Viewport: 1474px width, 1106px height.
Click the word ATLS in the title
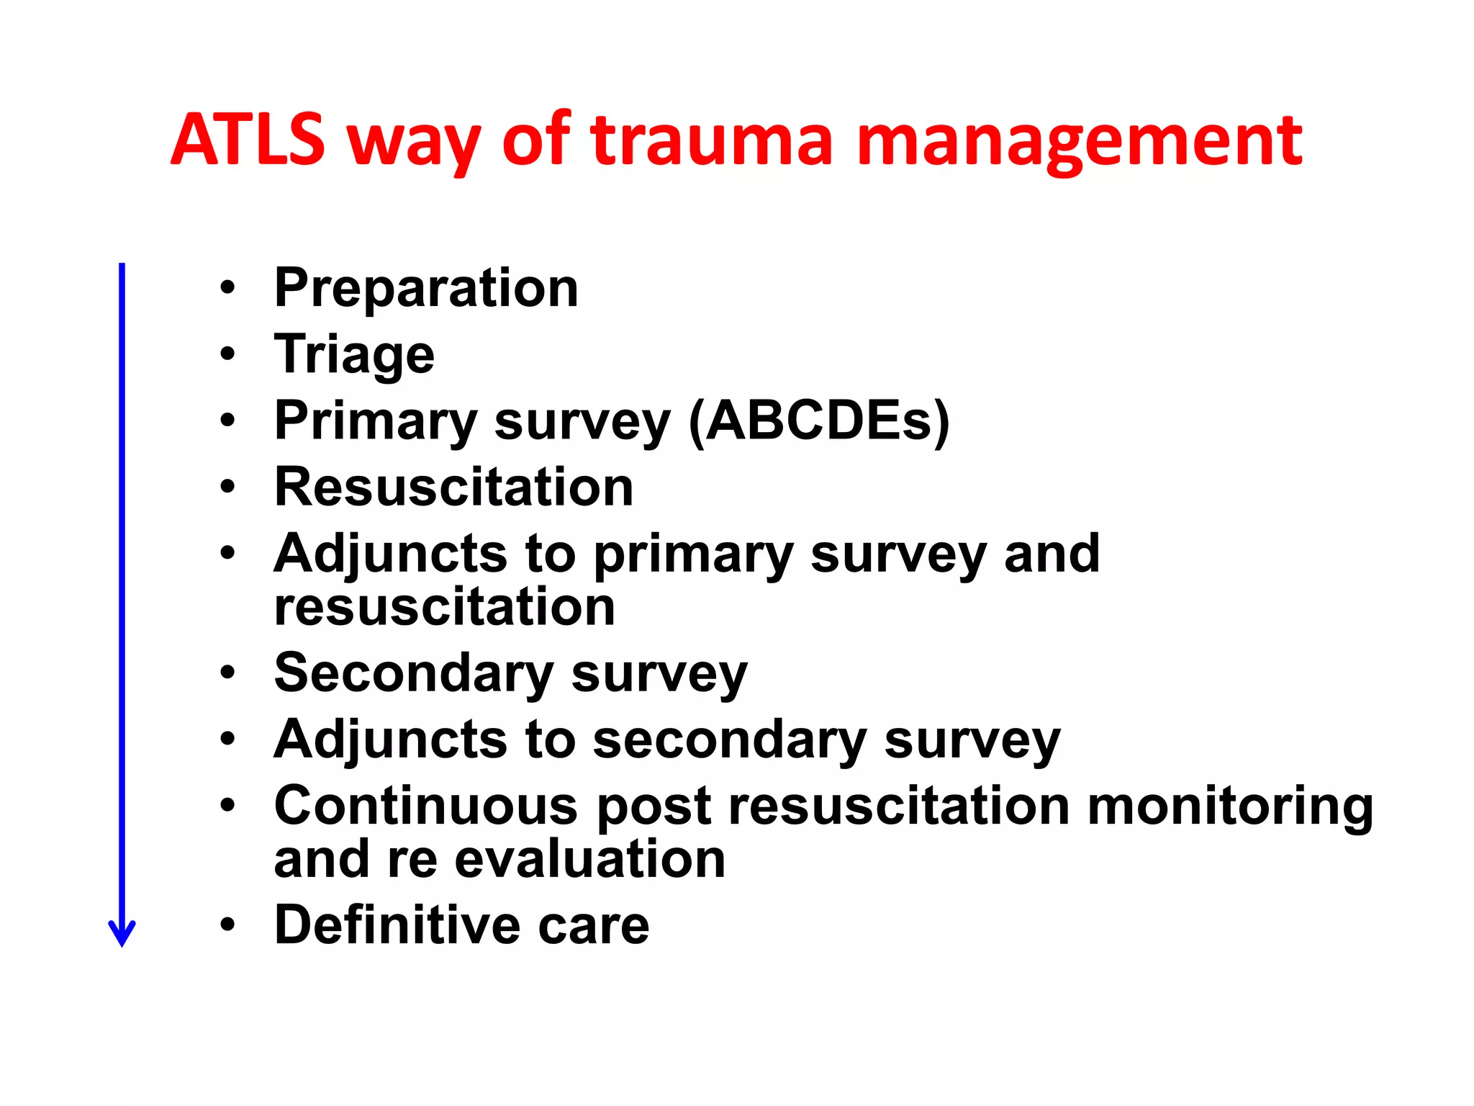[248, 140]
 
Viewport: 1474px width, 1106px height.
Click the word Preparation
[426, 289]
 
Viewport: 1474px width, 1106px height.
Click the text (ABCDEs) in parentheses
[820, 421]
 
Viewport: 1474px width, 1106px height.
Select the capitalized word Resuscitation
[454, 487]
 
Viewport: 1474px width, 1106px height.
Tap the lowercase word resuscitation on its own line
[445, 607]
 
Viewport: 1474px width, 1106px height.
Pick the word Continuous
[426, 806]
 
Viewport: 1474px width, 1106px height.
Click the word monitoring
[1230, 806]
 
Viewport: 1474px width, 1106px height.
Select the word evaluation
[590, 860]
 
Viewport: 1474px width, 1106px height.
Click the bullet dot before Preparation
[228, 289]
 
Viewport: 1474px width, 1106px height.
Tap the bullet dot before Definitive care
[228, 925]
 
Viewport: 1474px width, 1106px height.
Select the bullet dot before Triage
[228, 354]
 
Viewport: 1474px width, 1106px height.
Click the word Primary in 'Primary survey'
[376, 423]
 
